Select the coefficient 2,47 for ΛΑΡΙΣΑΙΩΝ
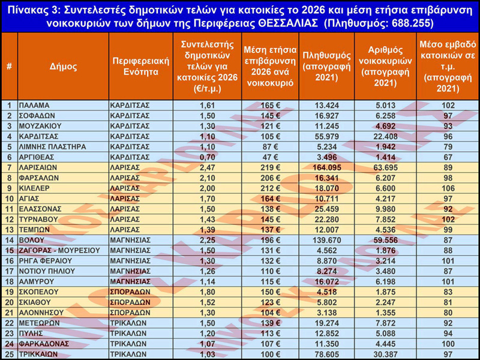pyautogui.click(x=207, y=167)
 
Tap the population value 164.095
pyautogui.click(x=326, y=167)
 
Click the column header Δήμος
pyautogui.click(x=63, y=66)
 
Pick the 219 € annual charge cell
pyautogui.click(x=269, y=167)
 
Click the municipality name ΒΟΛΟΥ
pyautogui.click(x=32, y=240)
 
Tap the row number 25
pyautogui.click(x=9, y=355)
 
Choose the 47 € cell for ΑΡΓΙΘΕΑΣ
pyautogui.click(x=269, y=157)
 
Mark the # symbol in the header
pyautogui.click(x=9, y=66)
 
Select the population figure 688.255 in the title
pyautogui.click(x=404, y=23)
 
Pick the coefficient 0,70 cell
pyautogui.click(x=207, y=157)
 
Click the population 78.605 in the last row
pyautogui.click(x=326, y=355)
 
